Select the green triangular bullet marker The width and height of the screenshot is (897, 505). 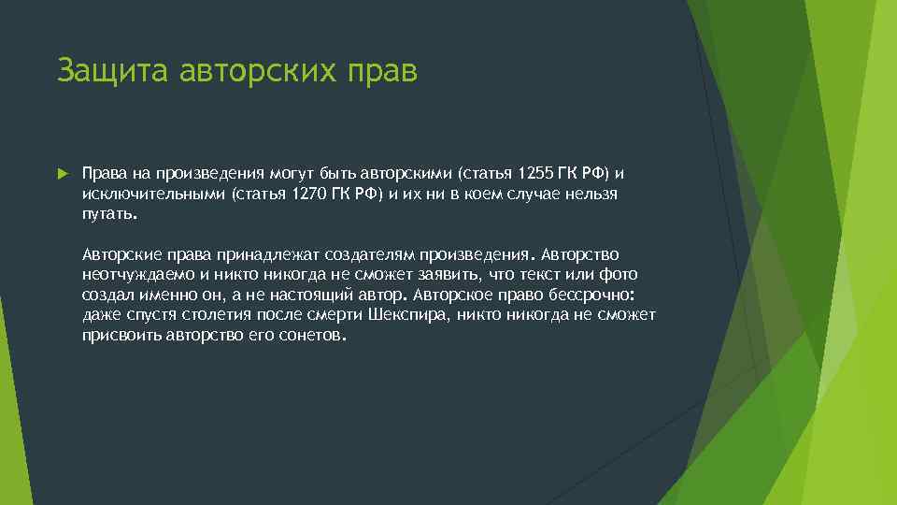point(63,174)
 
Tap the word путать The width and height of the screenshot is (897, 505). point(109,213)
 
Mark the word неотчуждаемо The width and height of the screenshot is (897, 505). point(137,275)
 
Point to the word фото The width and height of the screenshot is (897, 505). point(620,275)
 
